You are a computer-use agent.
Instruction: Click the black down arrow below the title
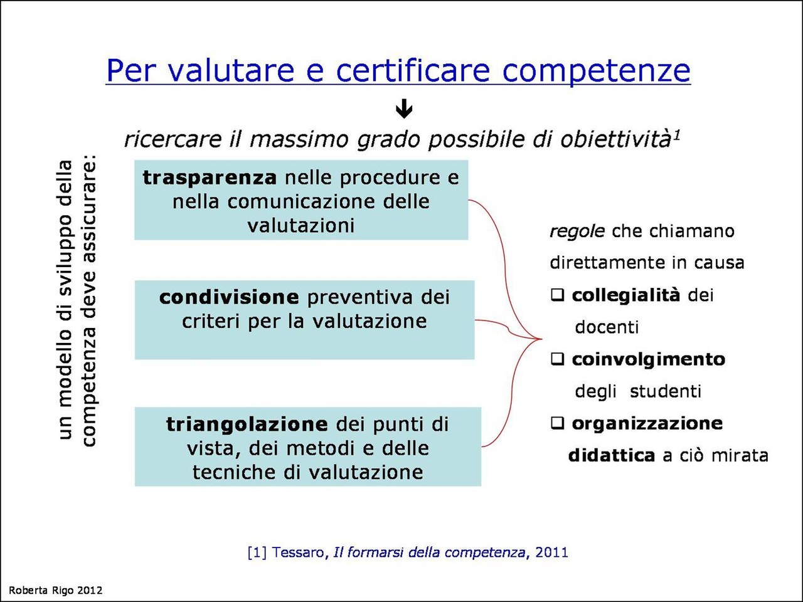tap(404, 110)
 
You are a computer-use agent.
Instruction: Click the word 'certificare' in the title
tap(413, 70)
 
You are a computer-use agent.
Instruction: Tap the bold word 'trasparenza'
tap(210, 177)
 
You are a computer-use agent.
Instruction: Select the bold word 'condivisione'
tap(229, 297)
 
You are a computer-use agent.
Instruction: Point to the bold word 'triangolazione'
tap(247, 425)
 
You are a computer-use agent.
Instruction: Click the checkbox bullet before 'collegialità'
tap(558, 295)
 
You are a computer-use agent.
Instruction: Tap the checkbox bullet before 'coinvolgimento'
tap(558, 359)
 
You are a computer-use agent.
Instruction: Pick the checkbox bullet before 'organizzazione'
tap(558, 423)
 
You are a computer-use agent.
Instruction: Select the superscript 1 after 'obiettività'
tap(677, 134)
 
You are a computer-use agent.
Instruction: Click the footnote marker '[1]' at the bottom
tap(257, 552)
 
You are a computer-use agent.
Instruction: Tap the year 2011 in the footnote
tap(551, 552)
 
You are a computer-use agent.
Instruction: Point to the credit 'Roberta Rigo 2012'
tap(55, 590)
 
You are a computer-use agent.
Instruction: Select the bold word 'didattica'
tap(612, 455)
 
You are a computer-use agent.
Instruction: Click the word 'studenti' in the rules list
tap(666, 391)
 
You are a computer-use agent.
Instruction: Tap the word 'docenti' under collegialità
tap(607, 327)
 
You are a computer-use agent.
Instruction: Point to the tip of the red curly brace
tap(541, 339)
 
